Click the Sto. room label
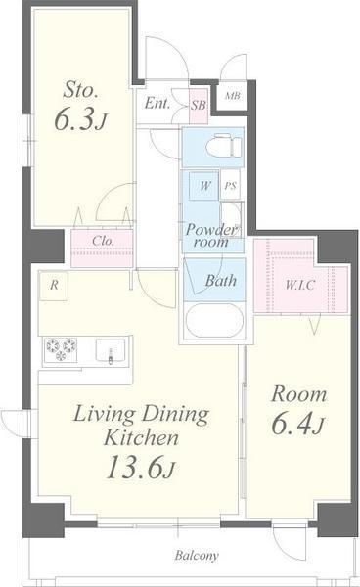pyautogui.click(x=81, y=90)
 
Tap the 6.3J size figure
pyautogui.click(x=81, y=119)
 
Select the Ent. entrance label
pyautogui.click(x=157, y=103)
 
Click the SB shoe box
pyautogui.click(x=199, y=106)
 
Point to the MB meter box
pyautogui.click(x=233, y=96)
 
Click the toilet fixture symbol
pyautogui.click(x=224, y=146)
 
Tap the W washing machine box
pyautogui.click(x=204, y=186)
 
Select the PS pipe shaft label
pyautogui.click(x=231, y=185)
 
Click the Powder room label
pyautogui.click(x=212, y=236)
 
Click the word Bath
pyautogui.click(x=221, y=281)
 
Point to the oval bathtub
pyautogui.click(x=214, y=320)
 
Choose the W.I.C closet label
pyautogui.click(x=299, y=285)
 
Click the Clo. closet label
pyautogui.click(x=103, y=241)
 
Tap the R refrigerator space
pyautogui.click(x=54, y=286)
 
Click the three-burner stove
pyautogui.click(x=61, y=349)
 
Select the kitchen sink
pyautogui.click(x=110, y=351)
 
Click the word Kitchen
pyautogui.click(x=141, y=437)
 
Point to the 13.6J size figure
pyautogui.click(x=141, y=468)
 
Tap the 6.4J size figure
pyautogui.click(x=297, y=425)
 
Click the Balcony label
pyautogui.click(x=197, y=556)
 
